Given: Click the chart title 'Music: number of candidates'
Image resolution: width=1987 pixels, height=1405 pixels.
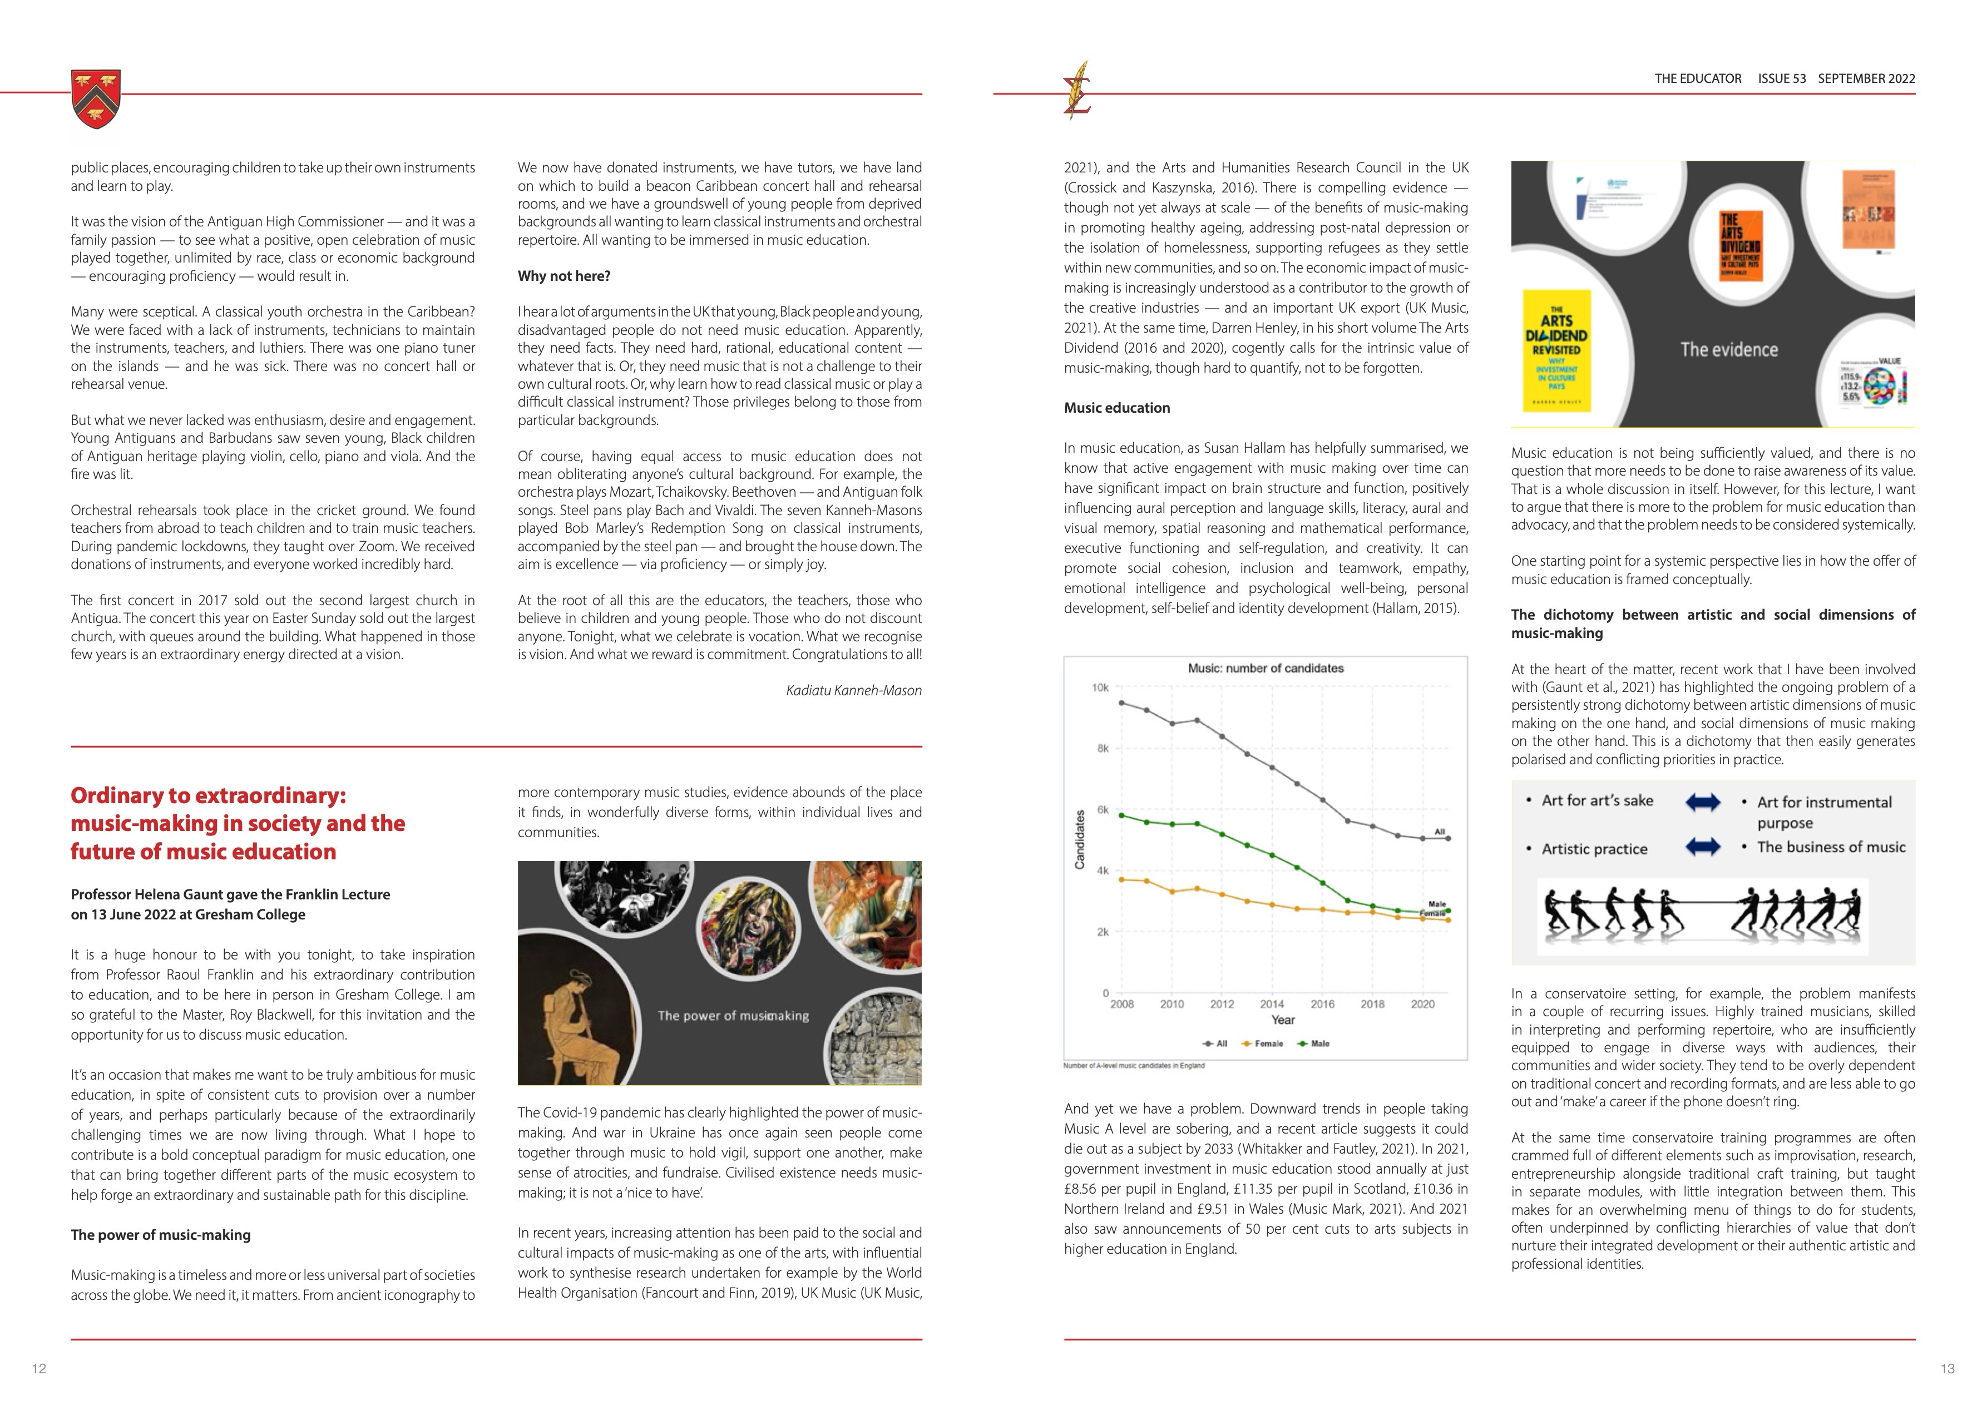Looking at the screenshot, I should pyautogui.click(x=1266, y=669).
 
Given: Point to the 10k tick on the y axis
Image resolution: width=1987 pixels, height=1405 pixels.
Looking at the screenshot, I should pyautogui.click(x=1099, y=688).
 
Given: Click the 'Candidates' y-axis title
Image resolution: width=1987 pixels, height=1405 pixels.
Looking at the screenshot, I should pyautogui.click(x=1079, y=839).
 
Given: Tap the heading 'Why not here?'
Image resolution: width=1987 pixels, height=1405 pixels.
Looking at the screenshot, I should pyautogui.click(x=564, y=276).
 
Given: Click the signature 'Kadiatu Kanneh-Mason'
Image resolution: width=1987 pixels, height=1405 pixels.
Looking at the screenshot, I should pyautogui.click(x=853, y=690).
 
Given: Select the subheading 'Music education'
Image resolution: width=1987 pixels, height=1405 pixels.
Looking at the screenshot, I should pyautogui.click(x=1116, y=408).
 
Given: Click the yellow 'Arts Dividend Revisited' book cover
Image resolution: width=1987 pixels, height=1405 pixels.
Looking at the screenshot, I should pyautogui.click(x=1556, y=352).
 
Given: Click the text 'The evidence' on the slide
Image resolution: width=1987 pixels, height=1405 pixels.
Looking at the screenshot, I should pyautogui.click(x=1728, y=349).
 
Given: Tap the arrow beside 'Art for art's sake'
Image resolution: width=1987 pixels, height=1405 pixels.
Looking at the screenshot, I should pyautogui.click(x=1702, y=802).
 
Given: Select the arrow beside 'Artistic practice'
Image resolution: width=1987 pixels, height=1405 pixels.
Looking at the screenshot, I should pyautogui.click(x=1702, y=847).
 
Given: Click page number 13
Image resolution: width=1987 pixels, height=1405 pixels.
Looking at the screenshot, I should pyautogui.click(x=1947, y=1369).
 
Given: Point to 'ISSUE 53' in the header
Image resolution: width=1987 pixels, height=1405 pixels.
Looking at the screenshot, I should pyautogui.click(x=1781, y=79).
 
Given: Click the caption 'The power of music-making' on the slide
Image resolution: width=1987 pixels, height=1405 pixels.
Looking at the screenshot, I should pyautogui.click(x=732, y=1016).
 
